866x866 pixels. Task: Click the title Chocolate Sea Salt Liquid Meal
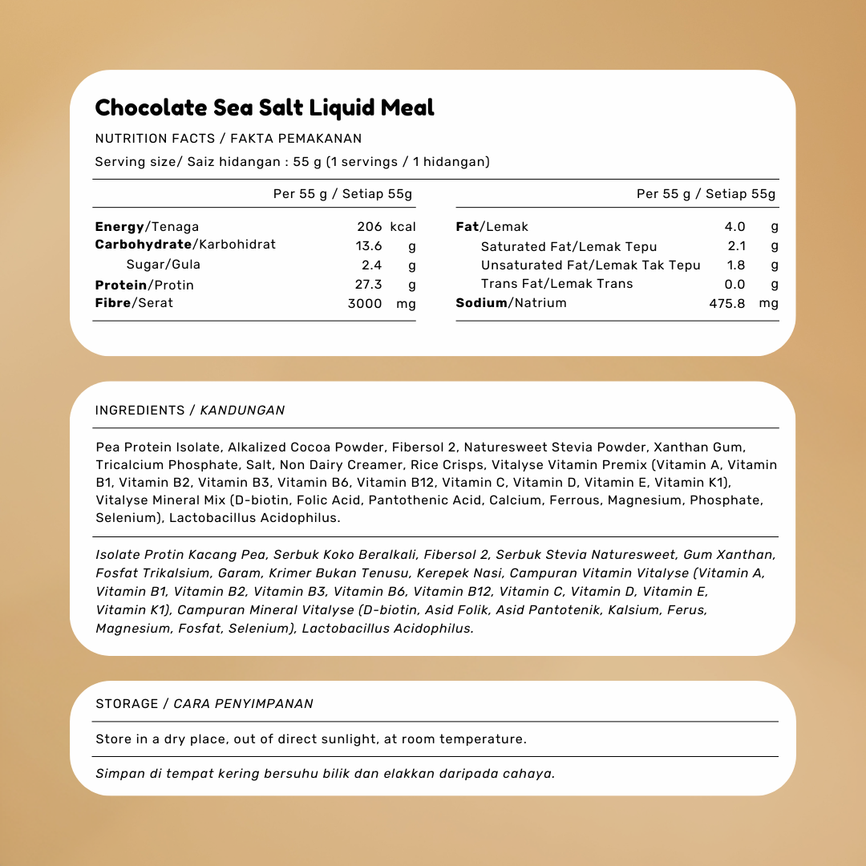point(265,107)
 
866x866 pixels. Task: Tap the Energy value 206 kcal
point(386,227)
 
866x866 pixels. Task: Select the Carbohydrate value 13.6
point(369,246)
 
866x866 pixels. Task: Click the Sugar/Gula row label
point(164,265)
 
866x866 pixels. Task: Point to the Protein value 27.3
point(369,285)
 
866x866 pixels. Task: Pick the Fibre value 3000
point(365,304)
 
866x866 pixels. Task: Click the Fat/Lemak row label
point(492,227)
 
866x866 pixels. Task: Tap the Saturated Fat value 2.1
point(736,246)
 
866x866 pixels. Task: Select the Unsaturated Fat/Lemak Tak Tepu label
point(590,265)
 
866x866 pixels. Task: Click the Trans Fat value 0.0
point(734,284)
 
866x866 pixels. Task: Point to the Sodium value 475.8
point(727,304)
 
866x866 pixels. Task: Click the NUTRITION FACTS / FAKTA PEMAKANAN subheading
point(229,139)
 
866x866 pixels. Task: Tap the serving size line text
point(292,162)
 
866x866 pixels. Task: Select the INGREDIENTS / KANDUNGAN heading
point(190,411)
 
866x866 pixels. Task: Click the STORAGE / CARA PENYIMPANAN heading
point(204,704)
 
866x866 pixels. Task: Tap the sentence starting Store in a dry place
point(311,739)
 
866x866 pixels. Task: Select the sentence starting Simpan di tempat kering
point(325,774)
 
